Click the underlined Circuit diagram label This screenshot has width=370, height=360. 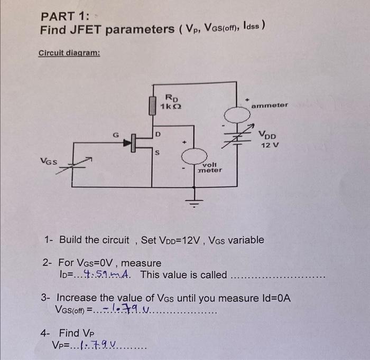coord(69,53)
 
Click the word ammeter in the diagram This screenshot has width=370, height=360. coord(270,105)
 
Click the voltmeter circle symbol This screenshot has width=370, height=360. coord(193,156)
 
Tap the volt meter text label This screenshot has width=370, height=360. coord(210,167)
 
